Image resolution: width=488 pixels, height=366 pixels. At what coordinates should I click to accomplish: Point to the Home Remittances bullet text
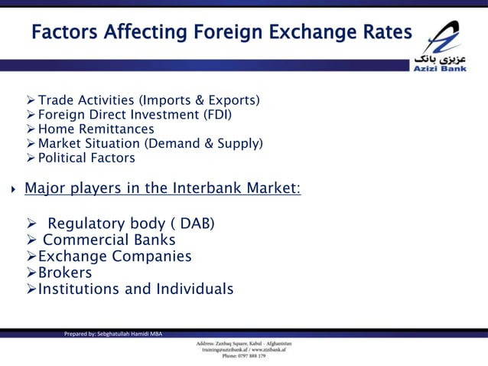tap(96, 129)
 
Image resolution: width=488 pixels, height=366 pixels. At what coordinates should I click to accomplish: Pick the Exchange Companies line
tap(115, 257)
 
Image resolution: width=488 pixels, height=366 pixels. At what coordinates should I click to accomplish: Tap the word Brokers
tap(65, 273)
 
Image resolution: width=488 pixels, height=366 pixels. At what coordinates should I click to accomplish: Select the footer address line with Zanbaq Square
tap(244, 342)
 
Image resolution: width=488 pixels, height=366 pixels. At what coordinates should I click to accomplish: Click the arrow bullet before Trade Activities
tap(31, 100)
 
